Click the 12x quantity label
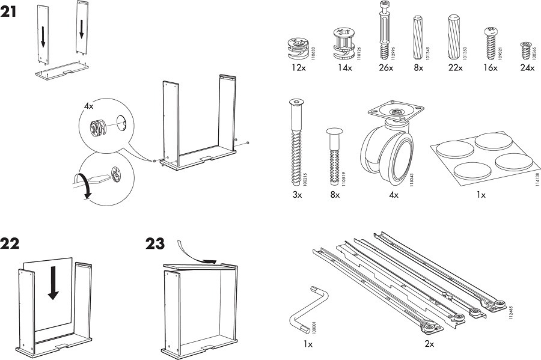click(x=298, y=68)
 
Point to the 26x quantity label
click(x=386, y=68)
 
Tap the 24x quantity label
click(x=527, y=68)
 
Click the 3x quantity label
click(x=296, y=195)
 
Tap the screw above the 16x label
click(x=489, y=41)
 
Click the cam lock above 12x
click(x=298, y=47)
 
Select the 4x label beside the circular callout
click(x=89, y=106)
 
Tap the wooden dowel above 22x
click(x=454, y=36)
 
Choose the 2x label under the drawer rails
click(x=429, y=344)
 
